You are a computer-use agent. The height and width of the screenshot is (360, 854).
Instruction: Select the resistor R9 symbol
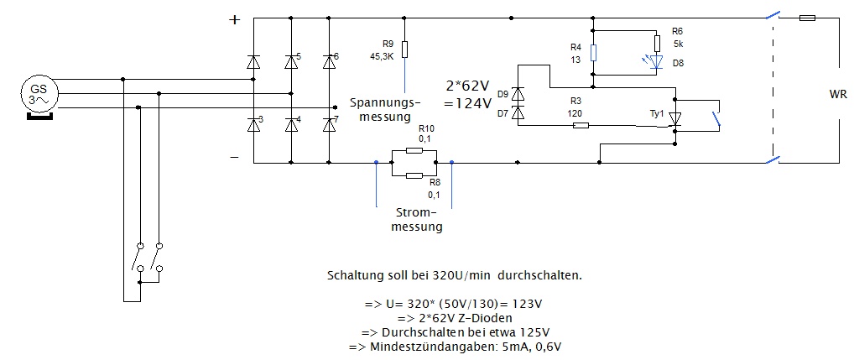[x=405, y=50]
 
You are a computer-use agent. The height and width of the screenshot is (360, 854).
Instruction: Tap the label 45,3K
[x=382, y=55]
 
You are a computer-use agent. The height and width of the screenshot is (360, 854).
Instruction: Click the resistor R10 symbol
[x=414, y=150]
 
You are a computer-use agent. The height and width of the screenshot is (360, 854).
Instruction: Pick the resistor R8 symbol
[x=414, y=175]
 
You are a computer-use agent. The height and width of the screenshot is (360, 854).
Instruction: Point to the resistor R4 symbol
[x=593, y=53]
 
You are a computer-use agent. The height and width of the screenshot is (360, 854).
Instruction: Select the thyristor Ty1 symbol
[x=675, y=118]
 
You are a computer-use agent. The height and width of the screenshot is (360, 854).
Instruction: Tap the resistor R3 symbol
[x=581, y=126]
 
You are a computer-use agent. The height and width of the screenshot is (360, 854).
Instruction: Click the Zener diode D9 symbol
[x=518, y=94]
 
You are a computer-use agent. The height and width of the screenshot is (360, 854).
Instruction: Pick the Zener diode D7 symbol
[x=518, y=112]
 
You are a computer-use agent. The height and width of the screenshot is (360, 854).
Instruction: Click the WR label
[x=837, y=95]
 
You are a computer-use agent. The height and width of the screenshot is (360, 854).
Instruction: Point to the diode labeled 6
[x=329, y=61]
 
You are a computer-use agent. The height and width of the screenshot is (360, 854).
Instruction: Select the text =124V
[x=467, y=104]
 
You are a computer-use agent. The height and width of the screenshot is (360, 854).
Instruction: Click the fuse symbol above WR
[x=806, y=18]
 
